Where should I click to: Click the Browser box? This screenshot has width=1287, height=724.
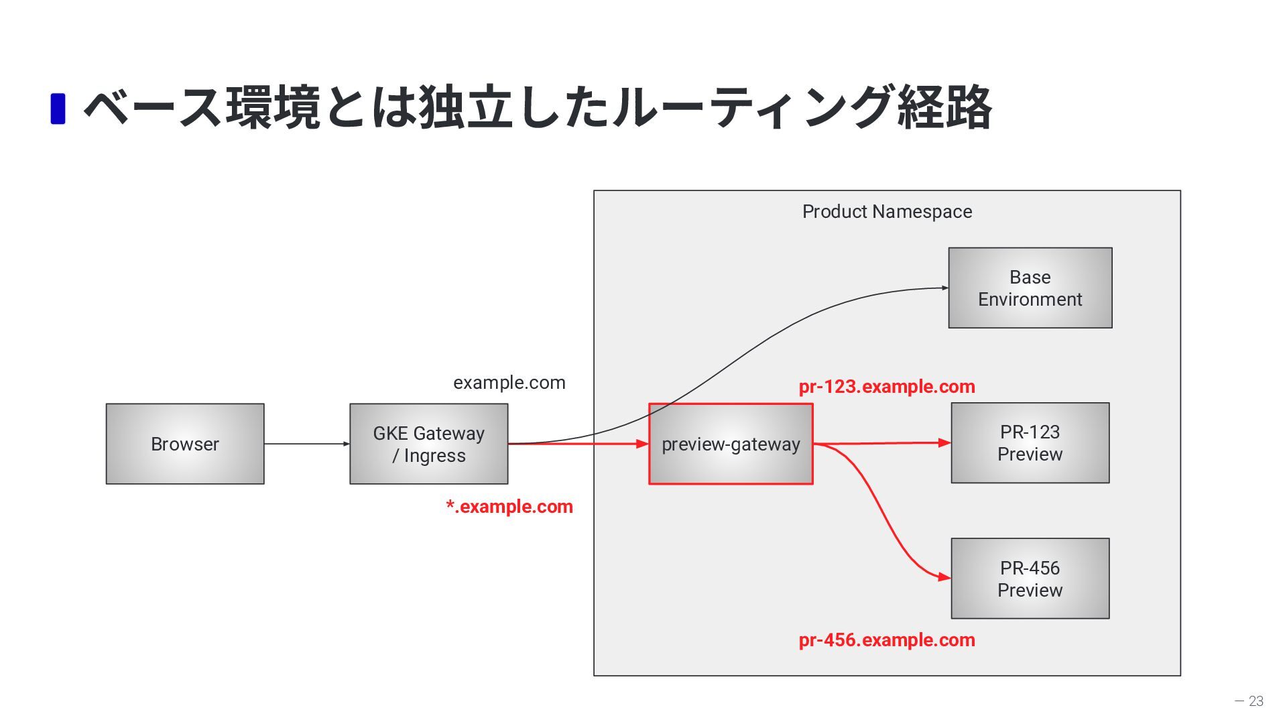[x=185, y=444]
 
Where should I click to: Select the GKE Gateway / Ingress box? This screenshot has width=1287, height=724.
[x=429, y=444]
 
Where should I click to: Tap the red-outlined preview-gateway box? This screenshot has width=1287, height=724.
[x=731, y=444]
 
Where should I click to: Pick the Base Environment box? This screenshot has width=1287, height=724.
[x=1030, y=288]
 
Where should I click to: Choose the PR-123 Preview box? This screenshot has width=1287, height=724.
[x=1030, y=443]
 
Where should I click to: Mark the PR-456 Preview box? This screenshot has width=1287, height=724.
[x=1030, y=579]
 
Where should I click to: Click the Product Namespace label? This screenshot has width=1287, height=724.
[x=887, y=212]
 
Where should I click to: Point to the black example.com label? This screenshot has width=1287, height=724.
[x=509, y=383]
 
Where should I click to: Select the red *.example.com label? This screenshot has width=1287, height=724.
[x=509, y=506]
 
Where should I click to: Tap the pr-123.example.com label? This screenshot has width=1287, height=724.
[x=887, y=387]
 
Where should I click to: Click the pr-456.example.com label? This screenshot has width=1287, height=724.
[x=887, y=640]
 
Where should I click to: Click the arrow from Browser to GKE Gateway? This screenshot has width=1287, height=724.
[x=307, y=444]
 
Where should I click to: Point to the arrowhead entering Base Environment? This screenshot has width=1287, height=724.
[x=945, y=288]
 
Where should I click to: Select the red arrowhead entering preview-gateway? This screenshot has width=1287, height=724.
[x=643, y=444]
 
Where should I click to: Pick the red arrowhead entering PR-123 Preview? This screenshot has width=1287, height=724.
[x=944, y=442]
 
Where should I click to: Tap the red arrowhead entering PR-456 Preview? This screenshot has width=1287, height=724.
[x=944, y=577]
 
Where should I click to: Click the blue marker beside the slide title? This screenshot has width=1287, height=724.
[x=58, y=109]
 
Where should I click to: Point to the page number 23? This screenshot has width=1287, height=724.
[x=1256, y=701]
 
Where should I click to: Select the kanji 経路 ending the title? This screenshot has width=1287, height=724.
[x=944, y=107]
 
